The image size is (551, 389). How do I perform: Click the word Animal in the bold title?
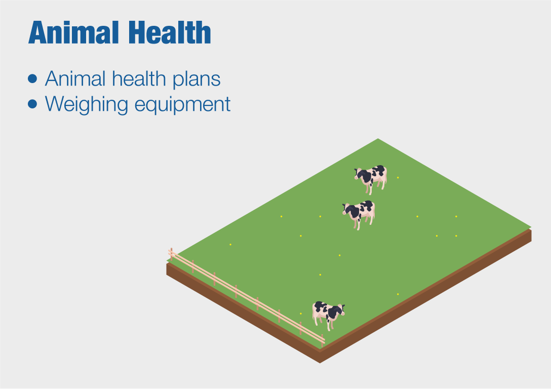click(73, 32)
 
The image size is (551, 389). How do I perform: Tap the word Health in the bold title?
click(170, 32)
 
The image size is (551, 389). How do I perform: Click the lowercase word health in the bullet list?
click(139, 78)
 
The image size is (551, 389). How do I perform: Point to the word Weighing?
click(86, 105)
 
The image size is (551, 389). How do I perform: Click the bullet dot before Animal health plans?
click(32, 79)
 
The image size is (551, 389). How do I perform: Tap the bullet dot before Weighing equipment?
click(32, 104)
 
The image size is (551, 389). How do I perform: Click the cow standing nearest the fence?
click(328, 315)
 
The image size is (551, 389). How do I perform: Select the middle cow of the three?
click(359, 214)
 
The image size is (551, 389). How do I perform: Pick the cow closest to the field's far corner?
click(371, 179)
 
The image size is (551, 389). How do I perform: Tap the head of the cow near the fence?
click(339, 310)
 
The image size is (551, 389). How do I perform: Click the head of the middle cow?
click(348, 209)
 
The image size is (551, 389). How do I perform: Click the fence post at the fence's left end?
click(172, 254)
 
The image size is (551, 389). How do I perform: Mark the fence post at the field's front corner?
click(322, 340)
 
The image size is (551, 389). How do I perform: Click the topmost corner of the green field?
click(378, 138)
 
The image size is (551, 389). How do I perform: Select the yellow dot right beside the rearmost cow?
click(398, 178)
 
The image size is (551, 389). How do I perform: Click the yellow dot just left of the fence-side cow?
click(301, 314)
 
